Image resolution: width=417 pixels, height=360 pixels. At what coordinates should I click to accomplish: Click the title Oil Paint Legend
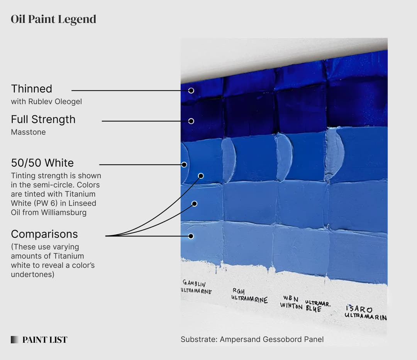(x=53, y=19)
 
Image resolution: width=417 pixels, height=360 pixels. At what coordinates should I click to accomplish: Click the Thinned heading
(x=31, y=89)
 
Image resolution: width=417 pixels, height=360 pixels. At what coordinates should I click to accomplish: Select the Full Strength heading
(x=43, y=120)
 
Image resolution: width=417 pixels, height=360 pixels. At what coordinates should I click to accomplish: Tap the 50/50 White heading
(x=42, y=163)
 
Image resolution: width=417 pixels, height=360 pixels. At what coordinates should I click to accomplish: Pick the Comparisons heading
(x=44, y=234)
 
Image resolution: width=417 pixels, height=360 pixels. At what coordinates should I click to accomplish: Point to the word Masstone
(x=28, y=132)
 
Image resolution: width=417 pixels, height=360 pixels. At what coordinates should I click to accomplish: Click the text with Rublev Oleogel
(x=46, y=102)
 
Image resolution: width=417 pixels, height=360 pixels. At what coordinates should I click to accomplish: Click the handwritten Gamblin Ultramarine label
(x=197, y=288)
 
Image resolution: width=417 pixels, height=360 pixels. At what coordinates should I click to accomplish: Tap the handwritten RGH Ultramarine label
(x=249, y=296)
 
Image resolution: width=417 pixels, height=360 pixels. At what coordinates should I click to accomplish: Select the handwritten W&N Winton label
(x=291, y=302)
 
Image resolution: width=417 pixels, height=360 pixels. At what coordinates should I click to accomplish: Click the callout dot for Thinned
(x=191, y=91)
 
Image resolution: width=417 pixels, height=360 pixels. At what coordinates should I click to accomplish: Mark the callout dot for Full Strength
(x=191, y=121)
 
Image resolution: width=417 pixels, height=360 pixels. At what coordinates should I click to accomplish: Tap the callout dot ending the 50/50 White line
(x=184, y=165)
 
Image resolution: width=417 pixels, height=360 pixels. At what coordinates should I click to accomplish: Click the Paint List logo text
(x=45, y=340)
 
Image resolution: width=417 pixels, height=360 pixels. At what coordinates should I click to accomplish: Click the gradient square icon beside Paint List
(x=15, y=340)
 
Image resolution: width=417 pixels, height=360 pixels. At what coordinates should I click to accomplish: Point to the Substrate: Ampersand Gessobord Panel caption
(x=252, y=340)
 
